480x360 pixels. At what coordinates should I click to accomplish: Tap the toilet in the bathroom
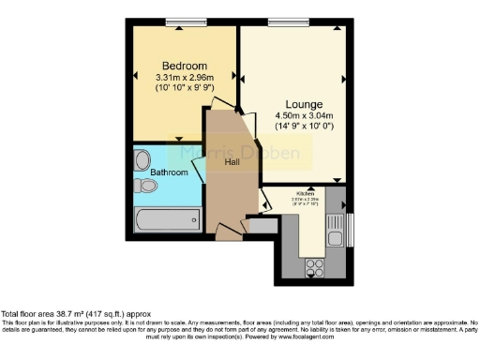[x=144, y=186]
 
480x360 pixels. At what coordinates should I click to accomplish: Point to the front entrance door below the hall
[x=227, y=231]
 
